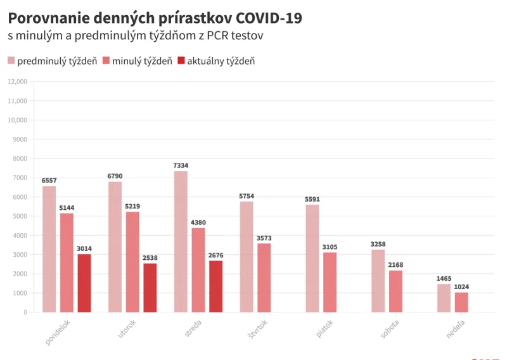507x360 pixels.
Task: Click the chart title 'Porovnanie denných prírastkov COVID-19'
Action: [155, 18]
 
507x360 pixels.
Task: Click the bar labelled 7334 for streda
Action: [181, 241]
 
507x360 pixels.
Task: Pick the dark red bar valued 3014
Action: [84, 283]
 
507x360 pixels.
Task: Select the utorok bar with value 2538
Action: [150, 288]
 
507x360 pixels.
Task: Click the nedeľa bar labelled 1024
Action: [461, 302]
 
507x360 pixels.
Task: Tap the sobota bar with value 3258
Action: [378, 280]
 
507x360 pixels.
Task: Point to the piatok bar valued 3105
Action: [330, 282]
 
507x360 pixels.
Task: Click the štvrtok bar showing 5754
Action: [247, 257]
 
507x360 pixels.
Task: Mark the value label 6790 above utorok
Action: [115, 176]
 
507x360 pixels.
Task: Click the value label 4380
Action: [198, 222]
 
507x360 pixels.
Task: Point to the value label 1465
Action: [444, 278]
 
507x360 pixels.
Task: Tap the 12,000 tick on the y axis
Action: [17, 81]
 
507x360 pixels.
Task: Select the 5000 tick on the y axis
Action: [20, 216]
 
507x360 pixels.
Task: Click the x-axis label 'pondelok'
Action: [58, 331]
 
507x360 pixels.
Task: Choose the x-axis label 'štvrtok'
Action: [257, 331]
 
